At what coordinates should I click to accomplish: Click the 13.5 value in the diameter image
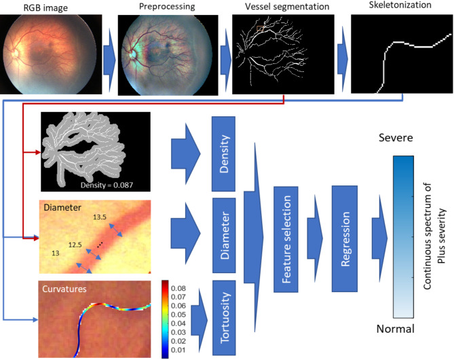[99, 217]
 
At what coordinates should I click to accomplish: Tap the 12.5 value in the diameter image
[75, 242]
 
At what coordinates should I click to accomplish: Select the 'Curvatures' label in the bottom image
[63, 289]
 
